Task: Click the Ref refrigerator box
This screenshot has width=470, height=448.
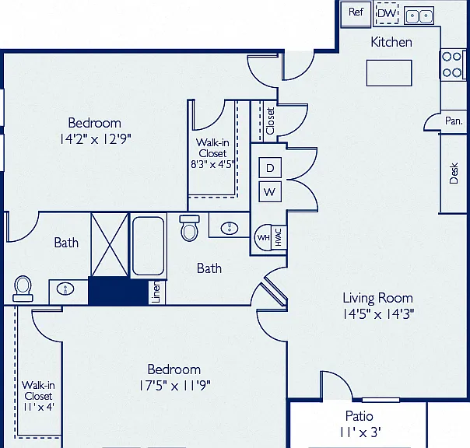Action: pyautogui.click(x=356, y=14)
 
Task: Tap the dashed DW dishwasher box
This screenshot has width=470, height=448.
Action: pyautogui.click(x=388, y=13)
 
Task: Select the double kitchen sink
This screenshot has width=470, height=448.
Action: pyautogui.click(x=419, y=16)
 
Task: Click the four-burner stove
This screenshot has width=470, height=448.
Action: pyautogui.click(x=452, y=65)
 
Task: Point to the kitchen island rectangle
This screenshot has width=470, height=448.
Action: pyautogui.click(x=389, y=73)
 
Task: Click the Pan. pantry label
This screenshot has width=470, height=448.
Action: pyautogui.click(x=454, y=121)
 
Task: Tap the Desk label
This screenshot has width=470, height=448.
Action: pyautogui.click(x=454, y=173)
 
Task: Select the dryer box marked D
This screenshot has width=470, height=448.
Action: pyautogui.click(x=270, y=167)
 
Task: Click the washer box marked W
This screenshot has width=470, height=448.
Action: pyautogui.click(x=270, y=191)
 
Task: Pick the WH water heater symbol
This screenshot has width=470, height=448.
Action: pyautogui.click(x=263, y=237)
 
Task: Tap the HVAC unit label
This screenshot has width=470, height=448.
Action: pyautogui.click(x=278, y=237)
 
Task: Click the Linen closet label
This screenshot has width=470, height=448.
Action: pyautogui.click(x=156, y=292)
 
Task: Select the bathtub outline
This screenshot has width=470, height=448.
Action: pyautogui.click(x=148, y=246)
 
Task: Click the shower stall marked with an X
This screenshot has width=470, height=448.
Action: pyautogui.click(x=110, y=244)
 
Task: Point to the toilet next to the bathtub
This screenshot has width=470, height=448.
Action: pyautogui.click(x=189, y=228)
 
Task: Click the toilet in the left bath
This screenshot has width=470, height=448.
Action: pyautogui.click(x=23, y=289)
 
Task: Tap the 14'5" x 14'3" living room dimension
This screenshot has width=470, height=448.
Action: pyautogui.click(x=379, y=314)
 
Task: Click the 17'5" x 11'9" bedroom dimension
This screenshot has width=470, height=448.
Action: pyautogui.click(x=174, y=386)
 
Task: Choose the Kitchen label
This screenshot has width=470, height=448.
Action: pyautogui.click(x=391, y=42)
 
